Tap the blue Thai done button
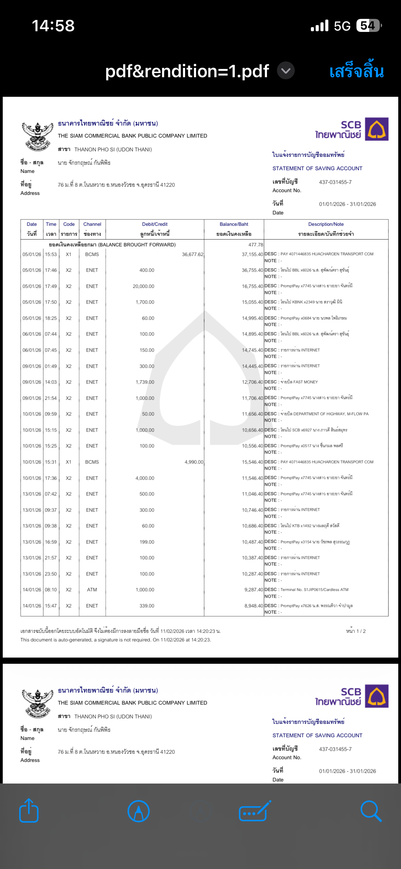(356, 72)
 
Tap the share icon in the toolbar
(29, 811)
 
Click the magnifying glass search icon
(371, 811)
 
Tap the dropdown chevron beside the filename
(285, 71)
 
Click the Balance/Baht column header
(234, 224)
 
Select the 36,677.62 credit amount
(193, 254)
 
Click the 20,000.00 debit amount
(143, 286)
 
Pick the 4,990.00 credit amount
(194, 462)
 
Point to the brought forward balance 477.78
(256, 245)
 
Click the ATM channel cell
(92, 590)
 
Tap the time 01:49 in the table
(51, 366)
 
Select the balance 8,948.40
(254, 606)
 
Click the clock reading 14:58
(53, 26)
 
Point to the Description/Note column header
(326, 224)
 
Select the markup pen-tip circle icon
(138, 811)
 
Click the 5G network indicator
(342, 26)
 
